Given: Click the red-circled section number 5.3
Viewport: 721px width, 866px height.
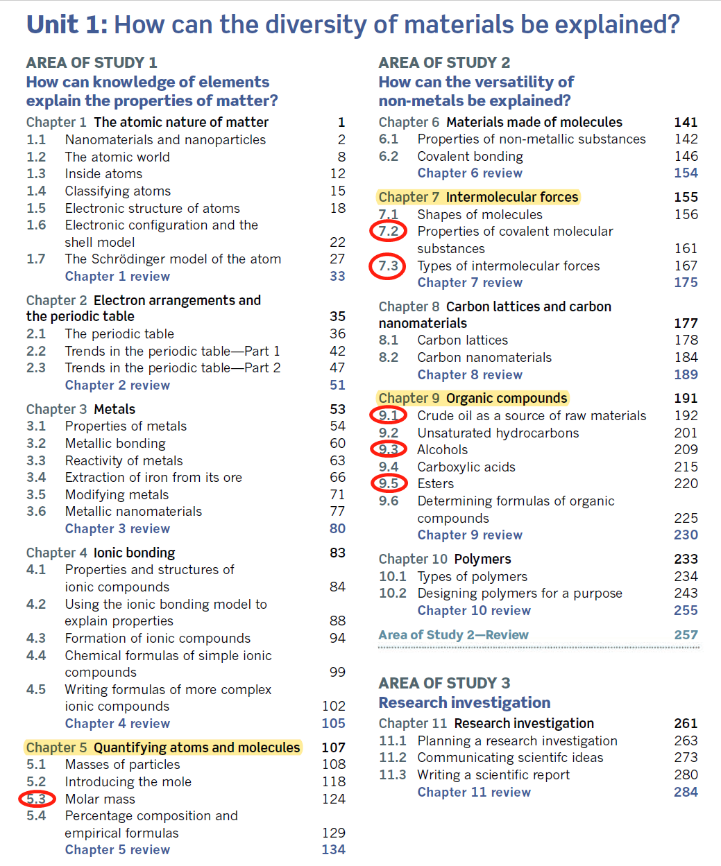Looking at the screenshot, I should pyautogui.click(x=37, y=799).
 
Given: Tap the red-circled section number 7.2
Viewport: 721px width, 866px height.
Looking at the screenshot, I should pyautogui.click(x=388, y=231).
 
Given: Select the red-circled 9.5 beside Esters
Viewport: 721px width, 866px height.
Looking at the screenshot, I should pyautogui.click(x=388, y=483).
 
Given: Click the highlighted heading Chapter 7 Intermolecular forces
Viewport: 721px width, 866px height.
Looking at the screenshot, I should pyautogui.click(x=478, y=197).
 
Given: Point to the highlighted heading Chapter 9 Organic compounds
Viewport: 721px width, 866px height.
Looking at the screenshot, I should pyautogui.click(x=473, y=398).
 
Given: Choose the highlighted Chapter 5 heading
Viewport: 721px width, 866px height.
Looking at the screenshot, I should pyautogui.click(x=163, y=747).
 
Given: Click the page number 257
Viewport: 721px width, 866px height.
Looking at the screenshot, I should pyautogui.click(x=686, y=634).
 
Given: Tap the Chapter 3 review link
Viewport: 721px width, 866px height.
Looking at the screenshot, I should pyautogui.click(x=117, y=528).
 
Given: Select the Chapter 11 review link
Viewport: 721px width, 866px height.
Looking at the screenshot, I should pyautogui.click(x=474, y=792).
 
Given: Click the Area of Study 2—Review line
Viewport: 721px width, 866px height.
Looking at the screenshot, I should pyautogui.click(x=453, y=634).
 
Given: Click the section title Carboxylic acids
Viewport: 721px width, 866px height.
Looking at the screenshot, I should pyautogui.click(x=466, y=467).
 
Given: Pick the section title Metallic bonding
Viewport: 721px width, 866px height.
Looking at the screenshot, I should pyautogui.click(x=115, y=443).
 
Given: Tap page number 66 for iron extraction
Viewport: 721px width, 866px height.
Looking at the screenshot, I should pyautogui.click(x=337, y=477).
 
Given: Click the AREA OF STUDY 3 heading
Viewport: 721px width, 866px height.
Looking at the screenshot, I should pyautogui.click(x=444, y=683).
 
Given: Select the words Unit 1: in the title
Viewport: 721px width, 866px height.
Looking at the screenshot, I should pyautogui.click(x=67, y=25).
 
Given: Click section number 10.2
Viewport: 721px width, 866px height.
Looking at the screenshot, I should pyautogui.click(x=392, y=593).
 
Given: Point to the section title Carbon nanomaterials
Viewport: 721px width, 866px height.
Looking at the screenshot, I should pyautogui.click(x=484, y=357).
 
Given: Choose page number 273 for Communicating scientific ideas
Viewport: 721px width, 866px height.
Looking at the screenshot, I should pyautogui.click(x=686, y=757).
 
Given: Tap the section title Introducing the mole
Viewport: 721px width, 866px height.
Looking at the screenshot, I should pyautogui.click(x=128, y=781).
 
